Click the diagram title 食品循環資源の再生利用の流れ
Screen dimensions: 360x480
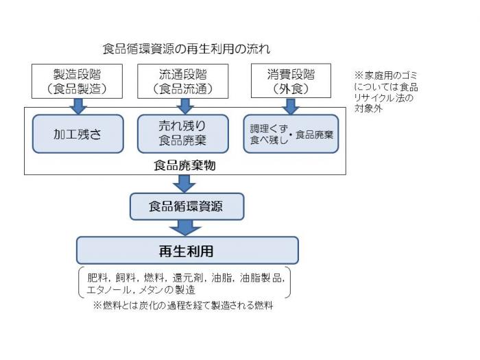(x=187, y=49)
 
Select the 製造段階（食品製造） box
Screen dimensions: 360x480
(x=77, y=81)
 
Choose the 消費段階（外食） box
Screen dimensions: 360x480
(x=291, y=81)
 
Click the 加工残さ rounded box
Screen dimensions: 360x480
(x=77, y=133)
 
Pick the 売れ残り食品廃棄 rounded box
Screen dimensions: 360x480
(x=182, y=133)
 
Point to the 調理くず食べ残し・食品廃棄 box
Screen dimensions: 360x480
(x=291, y=133)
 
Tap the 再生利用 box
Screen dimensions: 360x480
(x=187, y=250)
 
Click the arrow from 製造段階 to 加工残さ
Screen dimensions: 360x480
(x=77, y=106)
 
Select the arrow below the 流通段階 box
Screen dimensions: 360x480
(x=182, y=106)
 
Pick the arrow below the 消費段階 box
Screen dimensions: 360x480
(x=291, y=106)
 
